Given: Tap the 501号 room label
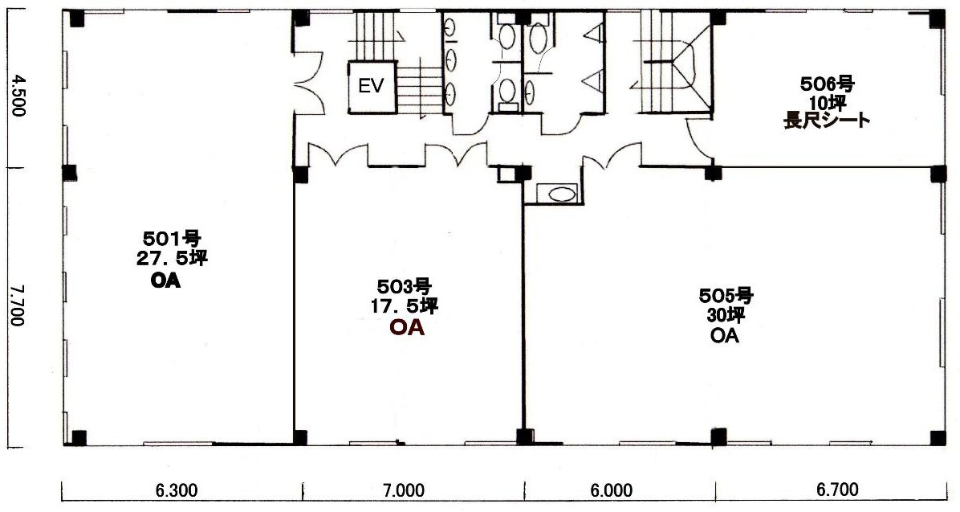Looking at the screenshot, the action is (x=172, y=237).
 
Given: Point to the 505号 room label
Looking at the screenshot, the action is (x=726, y=296).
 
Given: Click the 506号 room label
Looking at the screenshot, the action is (x=827, y=84).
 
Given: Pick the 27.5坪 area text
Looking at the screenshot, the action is (x=172, y=259).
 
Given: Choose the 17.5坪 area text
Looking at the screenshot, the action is (x=404, y=306).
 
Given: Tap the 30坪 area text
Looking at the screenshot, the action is (x=726, y=317).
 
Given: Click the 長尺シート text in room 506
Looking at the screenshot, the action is (x=827, y=121).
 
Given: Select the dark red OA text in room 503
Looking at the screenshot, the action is (x=408, y=328).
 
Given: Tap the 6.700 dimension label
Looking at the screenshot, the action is (x=837, y=490).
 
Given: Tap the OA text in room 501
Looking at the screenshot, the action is (x=165, y=282).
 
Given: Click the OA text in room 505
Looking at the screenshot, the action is (x=725, y=336).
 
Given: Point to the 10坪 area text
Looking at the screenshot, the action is (x=827, y=102).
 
